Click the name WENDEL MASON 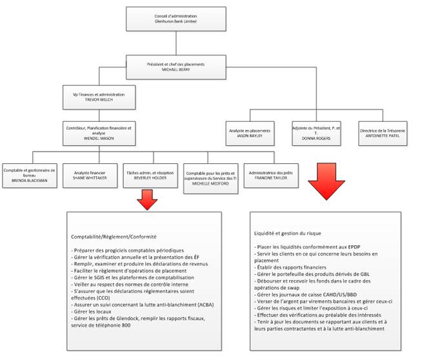click(98, 138)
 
